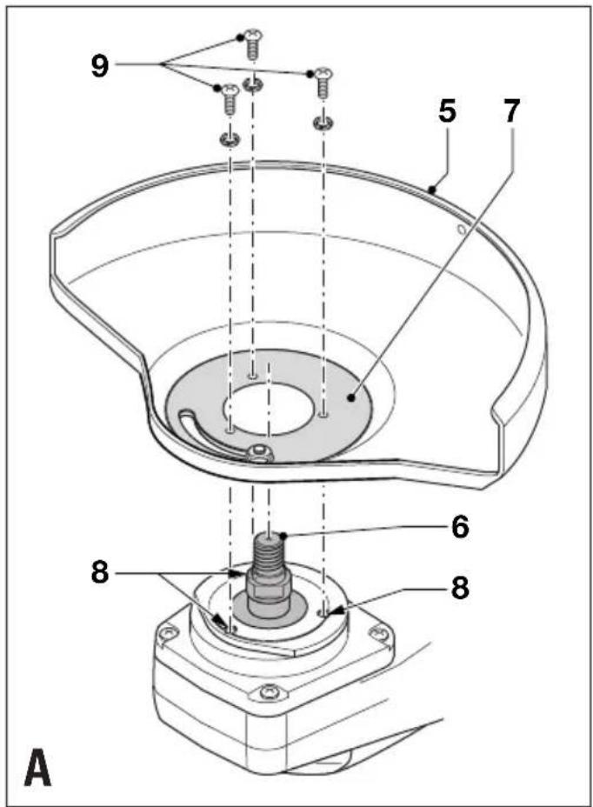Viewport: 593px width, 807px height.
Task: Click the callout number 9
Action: pyautogui.click(x=100, y=65)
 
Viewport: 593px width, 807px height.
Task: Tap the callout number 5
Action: pyautogui.click(x=447, y=111)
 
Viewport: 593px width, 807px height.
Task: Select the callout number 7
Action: pyautogui.click(x=510, y=111)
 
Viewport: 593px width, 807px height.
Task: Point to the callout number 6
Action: pyautogui.click(x=460, y=526)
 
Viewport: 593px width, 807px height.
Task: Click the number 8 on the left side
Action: pyautogui.click(x=100, y=572)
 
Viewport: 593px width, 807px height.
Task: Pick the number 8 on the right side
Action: pyautogui.click(x=460, y=587)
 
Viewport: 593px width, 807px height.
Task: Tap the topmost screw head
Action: pyautogui.click(x=253, y=36)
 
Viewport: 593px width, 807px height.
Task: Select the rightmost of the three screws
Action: pyautogui.click(x=323, y=83)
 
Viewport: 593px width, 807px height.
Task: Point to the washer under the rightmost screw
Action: pyautogui.click(x=323, y=123)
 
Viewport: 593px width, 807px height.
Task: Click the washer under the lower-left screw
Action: pyautogui.click(x=229, y=138)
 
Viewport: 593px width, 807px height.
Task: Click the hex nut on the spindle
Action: pyautogui.click(x=268, y=583)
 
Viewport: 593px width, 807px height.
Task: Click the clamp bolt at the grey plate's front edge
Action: pyautogui.click(x=259, y=453)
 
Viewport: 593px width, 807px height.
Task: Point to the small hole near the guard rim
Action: pyautogui.click(x=462, y=229)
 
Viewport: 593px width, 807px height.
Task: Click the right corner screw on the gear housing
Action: pyautogui.click(x=380, y=632)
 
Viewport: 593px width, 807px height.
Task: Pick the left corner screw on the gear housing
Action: pyautogui.click(x=169, y=632)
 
